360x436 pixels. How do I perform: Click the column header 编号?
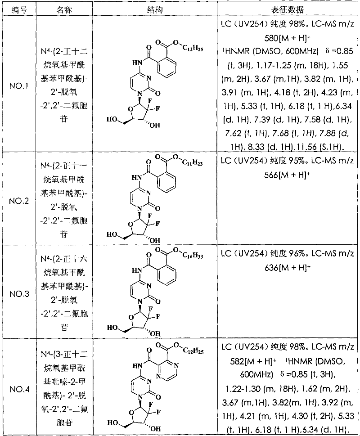(x=19, y=9)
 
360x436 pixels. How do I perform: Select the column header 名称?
(x=64, y=9)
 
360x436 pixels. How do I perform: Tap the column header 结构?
(x=154, y=9)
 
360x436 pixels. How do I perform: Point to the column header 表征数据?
(x=288, y=9)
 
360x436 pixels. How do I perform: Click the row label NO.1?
(x=19, y=86)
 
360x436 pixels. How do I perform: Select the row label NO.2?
(x=19, y=201)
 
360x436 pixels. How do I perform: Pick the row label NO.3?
(x=19, y=294)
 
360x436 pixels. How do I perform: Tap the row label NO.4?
(x=19, y=389)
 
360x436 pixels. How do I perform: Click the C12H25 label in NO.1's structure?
(x=193, y=49)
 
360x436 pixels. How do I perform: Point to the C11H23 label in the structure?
(x=192, y=163)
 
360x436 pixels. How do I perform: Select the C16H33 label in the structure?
(x=193, y=256)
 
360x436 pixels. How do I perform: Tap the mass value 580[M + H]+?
(x=287, y=38)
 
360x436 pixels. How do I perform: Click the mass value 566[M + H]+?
(x=287, y=175)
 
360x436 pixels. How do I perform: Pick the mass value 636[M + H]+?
(x=287, y=268)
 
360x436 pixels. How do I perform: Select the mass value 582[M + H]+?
(x=253, y=361)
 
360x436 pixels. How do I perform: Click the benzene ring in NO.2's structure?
(x=167, y=181)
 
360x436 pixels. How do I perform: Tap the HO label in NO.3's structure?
(x=112, y=328)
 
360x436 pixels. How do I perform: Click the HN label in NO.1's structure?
(x=138, y=63)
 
